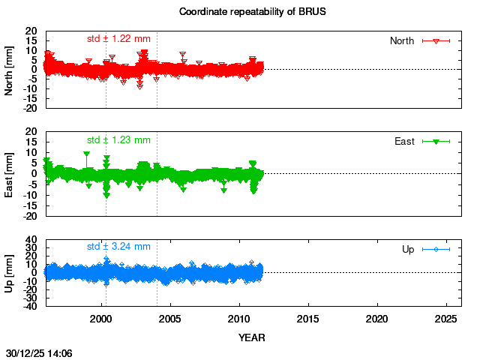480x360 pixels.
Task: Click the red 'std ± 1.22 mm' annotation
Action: tap(118, 38)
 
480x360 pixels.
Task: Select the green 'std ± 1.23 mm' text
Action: tap(118, 139)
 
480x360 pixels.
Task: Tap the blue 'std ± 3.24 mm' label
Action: tap(118, 246)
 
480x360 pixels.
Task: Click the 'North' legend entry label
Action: tap(402, 40)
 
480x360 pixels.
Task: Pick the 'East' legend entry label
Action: tap(405, 141)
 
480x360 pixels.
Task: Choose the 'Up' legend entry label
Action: tap(409, 249)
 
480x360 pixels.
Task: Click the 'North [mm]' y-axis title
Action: tap(10, 69)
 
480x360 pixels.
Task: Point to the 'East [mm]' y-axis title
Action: tap(10, 173)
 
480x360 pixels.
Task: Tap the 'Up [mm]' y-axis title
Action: tap(10, 273)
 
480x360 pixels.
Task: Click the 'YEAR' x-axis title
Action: tap(251, 337)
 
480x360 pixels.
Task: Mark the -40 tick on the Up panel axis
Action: tap(31, 305)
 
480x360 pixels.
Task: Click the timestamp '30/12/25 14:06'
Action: tap(39, 352)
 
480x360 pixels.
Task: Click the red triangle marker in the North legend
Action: tap(436, 40)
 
